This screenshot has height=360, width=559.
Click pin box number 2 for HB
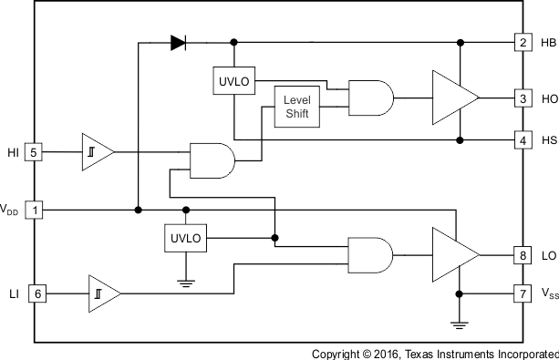point(523,42)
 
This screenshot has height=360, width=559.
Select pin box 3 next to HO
point(523,98)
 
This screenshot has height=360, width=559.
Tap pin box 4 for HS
point(523,140)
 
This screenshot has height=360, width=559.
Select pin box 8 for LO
point(523,255)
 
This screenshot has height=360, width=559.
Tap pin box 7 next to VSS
point(523,293)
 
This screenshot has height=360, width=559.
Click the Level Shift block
point(297,106)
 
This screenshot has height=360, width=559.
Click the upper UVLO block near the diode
point(234,82)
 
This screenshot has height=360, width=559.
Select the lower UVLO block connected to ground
point(185,239)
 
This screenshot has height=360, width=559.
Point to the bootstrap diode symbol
point(177,42)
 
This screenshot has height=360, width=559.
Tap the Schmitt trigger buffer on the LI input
point(104,293)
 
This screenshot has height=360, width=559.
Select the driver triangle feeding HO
point(453,97)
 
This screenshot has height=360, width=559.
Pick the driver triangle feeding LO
point(453,254)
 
